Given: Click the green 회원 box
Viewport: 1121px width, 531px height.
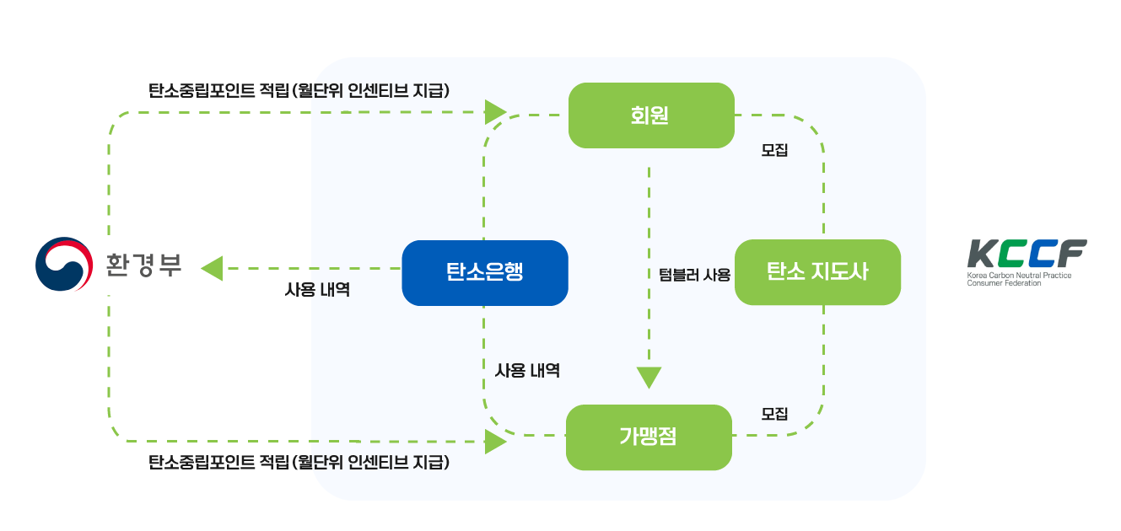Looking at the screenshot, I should coord(650,115).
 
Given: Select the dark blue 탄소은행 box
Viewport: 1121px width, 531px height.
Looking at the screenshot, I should coord(484,272).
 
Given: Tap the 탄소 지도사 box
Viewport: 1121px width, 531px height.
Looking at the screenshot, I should coord(817,272).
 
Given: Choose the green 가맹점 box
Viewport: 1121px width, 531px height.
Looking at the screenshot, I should coord(648,437).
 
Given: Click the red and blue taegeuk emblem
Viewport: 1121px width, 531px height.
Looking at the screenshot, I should coord(63,265).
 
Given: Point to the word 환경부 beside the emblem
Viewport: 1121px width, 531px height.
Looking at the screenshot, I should coord(143,265).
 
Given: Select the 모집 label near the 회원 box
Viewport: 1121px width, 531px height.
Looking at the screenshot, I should coord(774,151).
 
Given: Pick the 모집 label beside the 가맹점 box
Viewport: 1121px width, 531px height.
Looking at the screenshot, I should coord(774,414).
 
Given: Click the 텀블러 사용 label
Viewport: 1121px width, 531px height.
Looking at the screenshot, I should coord(693,274).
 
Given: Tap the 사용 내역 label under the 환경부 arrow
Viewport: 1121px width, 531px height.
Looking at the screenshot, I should coord(317,290).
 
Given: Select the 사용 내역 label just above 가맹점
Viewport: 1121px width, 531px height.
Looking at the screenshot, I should coord(527,370).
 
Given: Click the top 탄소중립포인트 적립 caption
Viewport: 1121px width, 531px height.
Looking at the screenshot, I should coord(299,91).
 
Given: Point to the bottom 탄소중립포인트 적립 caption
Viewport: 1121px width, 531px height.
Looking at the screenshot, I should coord(299,462).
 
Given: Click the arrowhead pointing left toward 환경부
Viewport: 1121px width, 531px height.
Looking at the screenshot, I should coord(211,269).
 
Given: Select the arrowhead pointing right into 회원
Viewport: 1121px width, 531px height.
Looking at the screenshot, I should coord(496,111).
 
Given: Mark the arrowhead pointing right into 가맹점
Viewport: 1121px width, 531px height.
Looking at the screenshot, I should coord(496,441).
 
